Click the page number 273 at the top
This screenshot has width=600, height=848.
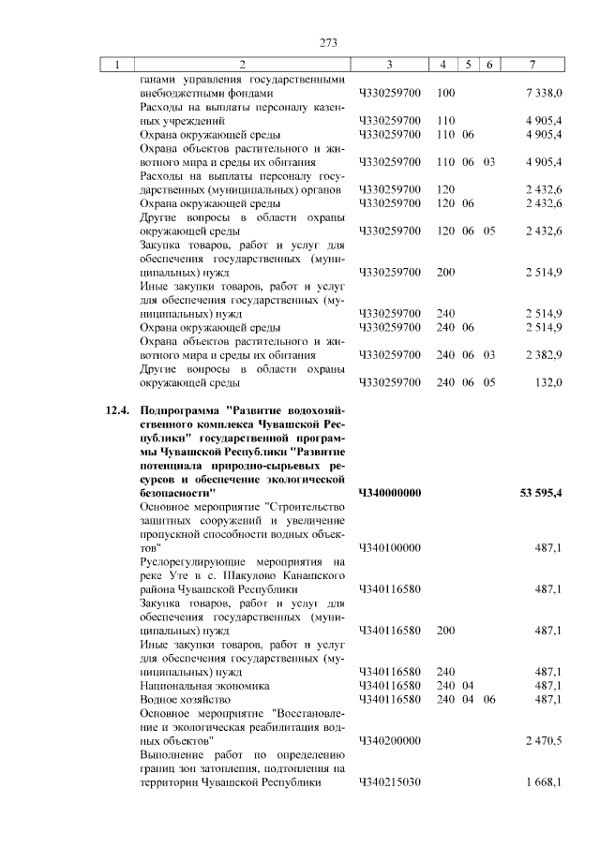pos(328,43)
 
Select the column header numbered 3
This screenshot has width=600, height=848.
pos(388,65)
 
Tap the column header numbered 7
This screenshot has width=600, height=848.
pos(532,65)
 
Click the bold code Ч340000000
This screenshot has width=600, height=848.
pos(389,493)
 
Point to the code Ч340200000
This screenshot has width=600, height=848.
pos(389,740)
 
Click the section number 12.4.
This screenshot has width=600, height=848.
pos(114,410)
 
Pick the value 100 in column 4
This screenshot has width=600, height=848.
pos(446,94)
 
